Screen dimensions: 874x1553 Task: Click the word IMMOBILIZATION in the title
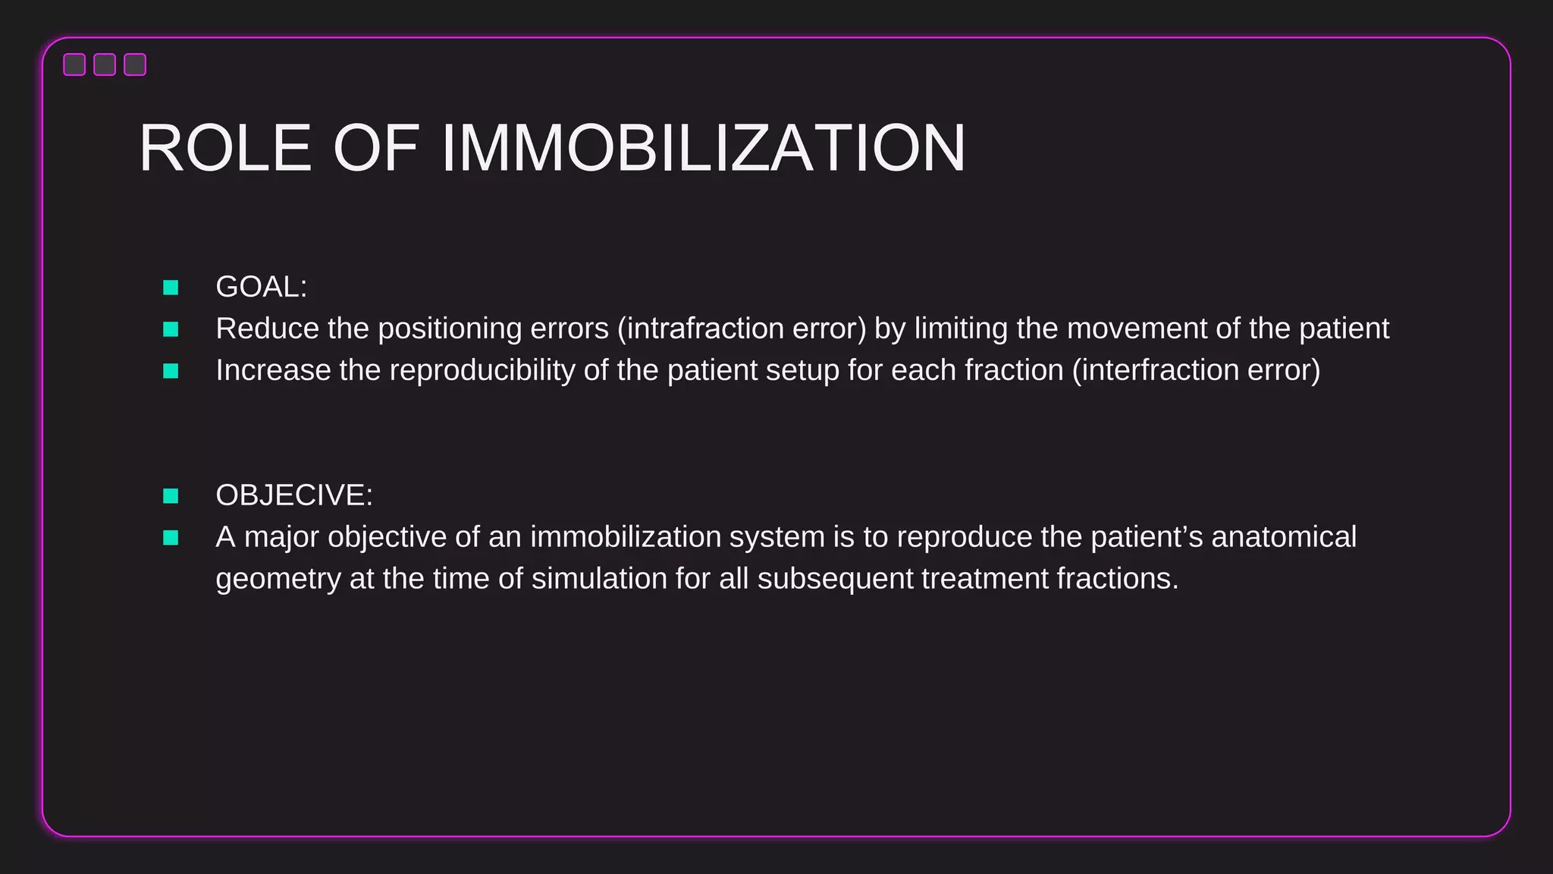(x=703, y=148)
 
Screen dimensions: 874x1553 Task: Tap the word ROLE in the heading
(x=225, y=148)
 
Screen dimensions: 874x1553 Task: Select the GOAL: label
(x=261, y=287)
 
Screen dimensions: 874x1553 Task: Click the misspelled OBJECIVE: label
(x=294, y=495)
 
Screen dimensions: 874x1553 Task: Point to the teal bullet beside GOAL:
(x=171, y=288)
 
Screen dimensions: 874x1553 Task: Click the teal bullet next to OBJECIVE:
(x=171, y=496)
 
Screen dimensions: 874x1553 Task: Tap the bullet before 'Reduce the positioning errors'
(x=171, y=329)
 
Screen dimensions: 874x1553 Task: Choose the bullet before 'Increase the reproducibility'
(x=171, y=371)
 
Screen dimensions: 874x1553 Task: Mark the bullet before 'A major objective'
(x=171, y=538)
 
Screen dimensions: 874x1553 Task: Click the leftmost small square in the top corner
(x=74, y=64)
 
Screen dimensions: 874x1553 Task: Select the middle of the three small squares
(x=105, y=64)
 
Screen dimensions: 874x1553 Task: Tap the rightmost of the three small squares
(x=135, y=64)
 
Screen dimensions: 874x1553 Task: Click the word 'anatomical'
(x=1284, y=537)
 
